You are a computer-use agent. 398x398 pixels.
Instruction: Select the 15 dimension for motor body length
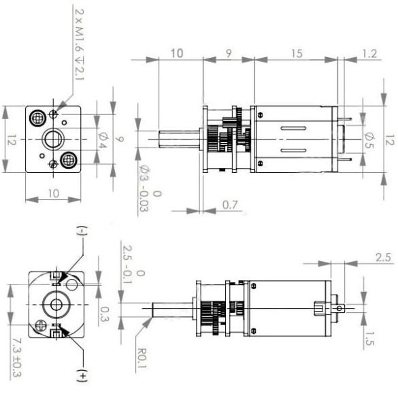coord(297,52)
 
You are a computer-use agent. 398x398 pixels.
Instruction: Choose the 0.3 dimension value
coord(103,314)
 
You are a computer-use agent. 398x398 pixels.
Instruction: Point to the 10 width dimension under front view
coord(53,194)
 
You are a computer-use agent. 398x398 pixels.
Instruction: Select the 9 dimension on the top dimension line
coord(228,52)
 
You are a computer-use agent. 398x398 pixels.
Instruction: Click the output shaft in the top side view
coord(179,141)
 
